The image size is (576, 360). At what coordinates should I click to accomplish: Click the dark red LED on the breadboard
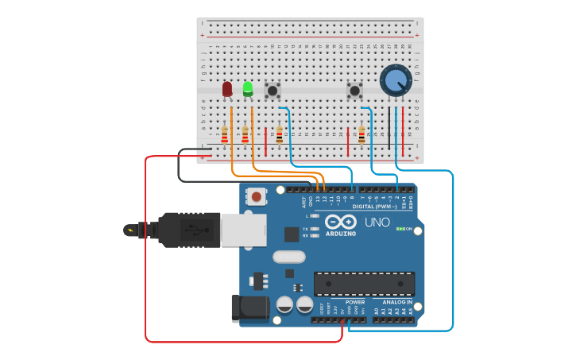click(x=227, y=88)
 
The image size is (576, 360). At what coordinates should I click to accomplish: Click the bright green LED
click(x=248, y=88)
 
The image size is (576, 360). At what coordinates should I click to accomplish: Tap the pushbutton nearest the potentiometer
click(x=354, y=91)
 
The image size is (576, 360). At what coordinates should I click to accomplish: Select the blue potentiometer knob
click(x=396, y=80)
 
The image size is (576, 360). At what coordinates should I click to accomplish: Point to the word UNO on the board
click(x=377, y=222)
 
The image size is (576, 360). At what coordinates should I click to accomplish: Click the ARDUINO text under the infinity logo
click(x=341, y=234)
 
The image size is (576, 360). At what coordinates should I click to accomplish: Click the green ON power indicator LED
click(x=401, y=229)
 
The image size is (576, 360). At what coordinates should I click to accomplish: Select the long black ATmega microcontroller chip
click(x=364, y=284)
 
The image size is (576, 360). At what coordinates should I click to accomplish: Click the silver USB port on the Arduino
click(x=242, y=229)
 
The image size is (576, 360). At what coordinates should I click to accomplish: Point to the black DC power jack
click(x=245, y=308)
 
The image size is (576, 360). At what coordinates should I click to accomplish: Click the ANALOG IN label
click(x=397, y=302)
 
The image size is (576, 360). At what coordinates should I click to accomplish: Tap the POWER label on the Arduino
click(x=355, y=302)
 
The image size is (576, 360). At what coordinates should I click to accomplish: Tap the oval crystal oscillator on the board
click(x=288, y=257)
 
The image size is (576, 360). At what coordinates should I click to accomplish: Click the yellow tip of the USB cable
click(x=130, y=230)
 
